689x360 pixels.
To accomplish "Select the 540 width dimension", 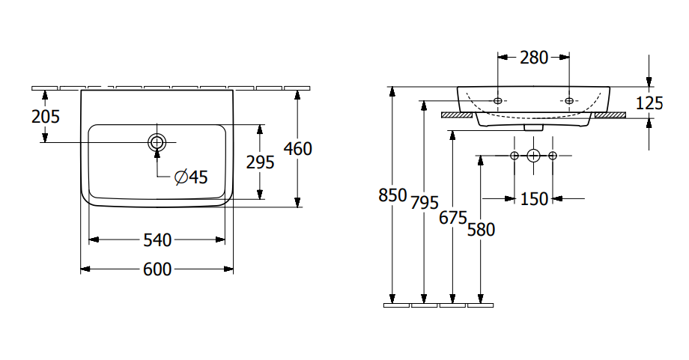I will (x=158, y=240).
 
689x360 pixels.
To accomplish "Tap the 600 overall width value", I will (x=157, y=269).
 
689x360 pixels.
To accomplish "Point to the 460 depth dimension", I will (x=298, y=149).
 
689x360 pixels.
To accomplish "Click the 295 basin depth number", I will (x=260, y=162).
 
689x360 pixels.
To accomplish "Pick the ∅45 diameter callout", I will (x=190, y=177).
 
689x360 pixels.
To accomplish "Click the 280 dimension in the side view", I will (x=533, y=57).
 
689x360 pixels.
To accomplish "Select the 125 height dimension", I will (x=649, y=103).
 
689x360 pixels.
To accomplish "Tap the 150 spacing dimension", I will (x=533, y=198).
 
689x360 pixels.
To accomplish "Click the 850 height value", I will (x=392, y=196).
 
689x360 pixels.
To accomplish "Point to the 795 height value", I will (x=425, y=202).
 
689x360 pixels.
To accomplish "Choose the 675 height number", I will (x=453, y=218).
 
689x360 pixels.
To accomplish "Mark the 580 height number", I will (x=481, y=230).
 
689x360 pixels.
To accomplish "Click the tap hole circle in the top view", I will (x=157, y=142).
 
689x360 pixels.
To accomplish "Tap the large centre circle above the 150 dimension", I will (x=533, y=156).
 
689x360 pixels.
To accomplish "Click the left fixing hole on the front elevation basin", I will (x=498, y=100).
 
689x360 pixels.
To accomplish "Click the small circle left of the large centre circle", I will (x=514, y=156).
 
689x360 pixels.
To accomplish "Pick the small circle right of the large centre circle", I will (x=553, y=156).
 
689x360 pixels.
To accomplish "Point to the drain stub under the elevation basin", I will (x=533, y=127).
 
